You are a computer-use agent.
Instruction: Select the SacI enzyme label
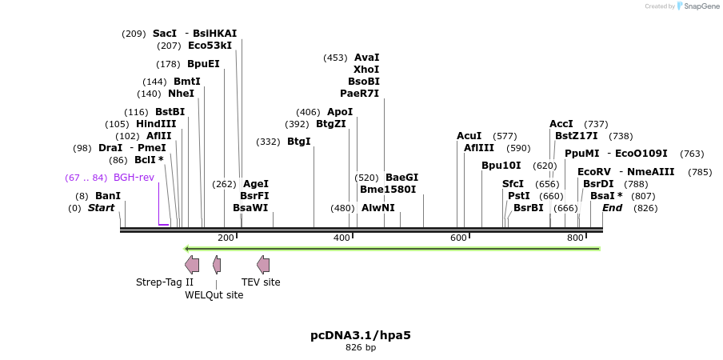[164, 34]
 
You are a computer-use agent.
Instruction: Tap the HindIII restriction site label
[156, 124]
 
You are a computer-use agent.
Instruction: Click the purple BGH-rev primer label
[134, 178]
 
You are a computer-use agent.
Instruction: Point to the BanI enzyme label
[108, 196]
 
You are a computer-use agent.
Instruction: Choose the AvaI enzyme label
[366, 58]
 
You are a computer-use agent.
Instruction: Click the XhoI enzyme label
[366, 70]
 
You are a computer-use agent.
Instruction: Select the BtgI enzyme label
[298, 142]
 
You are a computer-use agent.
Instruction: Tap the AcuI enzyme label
[469, 136]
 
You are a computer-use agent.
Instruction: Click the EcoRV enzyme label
[593, 172]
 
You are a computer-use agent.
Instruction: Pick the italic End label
[612, 208]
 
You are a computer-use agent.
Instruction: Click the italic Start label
[101, 208]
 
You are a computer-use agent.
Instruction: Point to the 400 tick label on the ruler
[342, 238]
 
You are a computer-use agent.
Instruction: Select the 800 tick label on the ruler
[575, 238]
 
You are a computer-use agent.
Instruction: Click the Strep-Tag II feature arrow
[192, 265]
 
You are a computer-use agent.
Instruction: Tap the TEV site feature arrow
[263, 265]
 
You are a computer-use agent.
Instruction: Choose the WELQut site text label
[214, 295]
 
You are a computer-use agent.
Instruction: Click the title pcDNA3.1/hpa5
[361, 335]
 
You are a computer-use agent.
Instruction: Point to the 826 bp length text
[361, 348]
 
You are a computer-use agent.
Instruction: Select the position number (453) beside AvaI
[335, 58]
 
